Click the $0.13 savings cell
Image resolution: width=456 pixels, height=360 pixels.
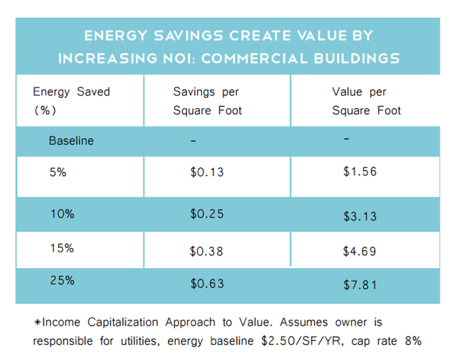point(207,173)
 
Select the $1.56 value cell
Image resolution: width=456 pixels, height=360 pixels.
point(360,172)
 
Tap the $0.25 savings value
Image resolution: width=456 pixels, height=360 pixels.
point(207,214)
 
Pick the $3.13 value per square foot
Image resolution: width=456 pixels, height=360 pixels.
point(360,217)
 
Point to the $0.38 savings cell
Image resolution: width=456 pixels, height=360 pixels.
point(207,252)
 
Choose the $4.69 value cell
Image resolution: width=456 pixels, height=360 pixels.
point(360,252)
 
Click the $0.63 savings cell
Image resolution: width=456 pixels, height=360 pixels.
point(207,284)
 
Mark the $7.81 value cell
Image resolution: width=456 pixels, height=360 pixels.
point(360,284)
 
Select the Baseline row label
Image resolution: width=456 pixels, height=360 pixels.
point(71,140)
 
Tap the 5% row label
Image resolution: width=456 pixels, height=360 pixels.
point(58,172)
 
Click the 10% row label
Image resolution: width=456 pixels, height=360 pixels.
point(62,214)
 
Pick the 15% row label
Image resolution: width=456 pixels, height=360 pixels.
point(62,249)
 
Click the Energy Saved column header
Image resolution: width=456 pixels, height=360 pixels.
point(71,101)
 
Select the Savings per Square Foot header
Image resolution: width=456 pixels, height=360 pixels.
point(207,101)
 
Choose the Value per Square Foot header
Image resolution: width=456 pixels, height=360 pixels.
point(366,101)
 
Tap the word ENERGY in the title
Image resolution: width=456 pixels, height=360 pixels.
point(114,35)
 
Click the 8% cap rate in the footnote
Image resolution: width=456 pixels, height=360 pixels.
point(411,341)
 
